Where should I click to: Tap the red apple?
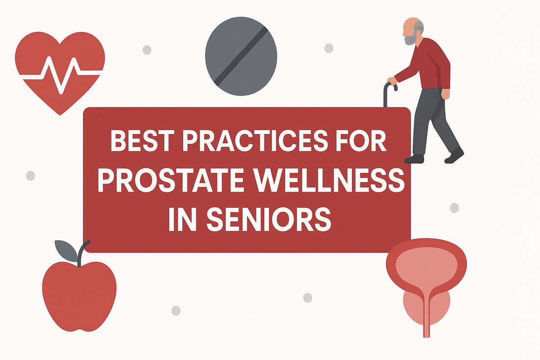point(79,295)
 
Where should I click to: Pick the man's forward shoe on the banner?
point(414,159)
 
